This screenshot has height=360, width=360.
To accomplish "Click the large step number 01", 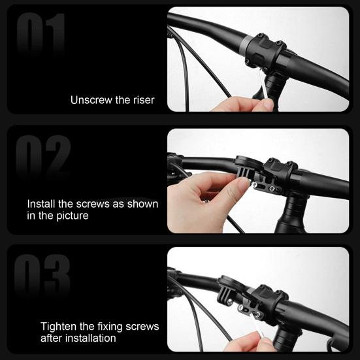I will [41, 34].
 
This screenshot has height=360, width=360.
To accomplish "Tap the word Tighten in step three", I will [60, 326].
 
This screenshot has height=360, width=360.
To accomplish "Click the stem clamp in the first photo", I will [265, 50].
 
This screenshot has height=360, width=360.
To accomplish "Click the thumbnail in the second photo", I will [243, 186].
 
